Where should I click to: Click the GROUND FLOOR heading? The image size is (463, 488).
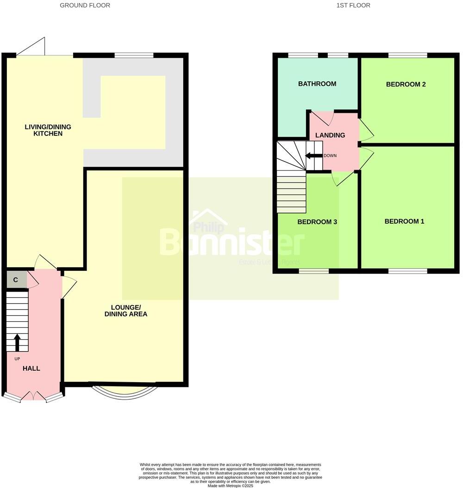click(x=85, y=6)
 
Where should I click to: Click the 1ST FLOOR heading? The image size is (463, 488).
click(x=353, y=6)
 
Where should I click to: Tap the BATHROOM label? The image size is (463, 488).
click(x=317, y=84)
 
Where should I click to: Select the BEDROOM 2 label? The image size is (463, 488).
click(x=406, y=84)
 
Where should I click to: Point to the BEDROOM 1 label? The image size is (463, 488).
click(x=404, y=221)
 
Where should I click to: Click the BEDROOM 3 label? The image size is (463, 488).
click(x=317, y=222)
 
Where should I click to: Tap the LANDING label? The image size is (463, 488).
click(x=330, y=135)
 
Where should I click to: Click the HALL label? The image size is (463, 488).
click(x=31, y=368)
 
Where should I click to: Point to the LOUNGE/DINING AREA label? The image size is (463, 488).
click(x=129, y=311)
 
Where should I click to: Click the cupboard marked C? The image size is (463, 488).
click(x=16, y=280)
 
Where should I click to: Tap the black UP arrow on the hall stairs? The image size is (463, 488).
click(x=18, y=343)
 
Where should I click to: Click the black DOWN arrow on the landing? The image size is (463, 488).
click(x=313, y=156)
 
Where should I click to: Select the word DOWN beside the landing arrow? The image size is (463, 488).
click(x=330, y=156)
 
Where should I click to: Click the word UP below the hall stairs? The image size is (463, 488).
click(x=17, y=359)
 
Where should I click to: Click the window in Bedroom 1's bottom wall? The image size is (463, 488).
click(x=407, y=271)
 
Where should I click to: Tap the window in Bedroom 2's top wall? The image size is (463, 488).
click(x=407, y=55)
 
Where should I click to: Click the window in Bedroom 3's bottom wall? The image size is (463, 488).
click(x=313, y=271)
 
